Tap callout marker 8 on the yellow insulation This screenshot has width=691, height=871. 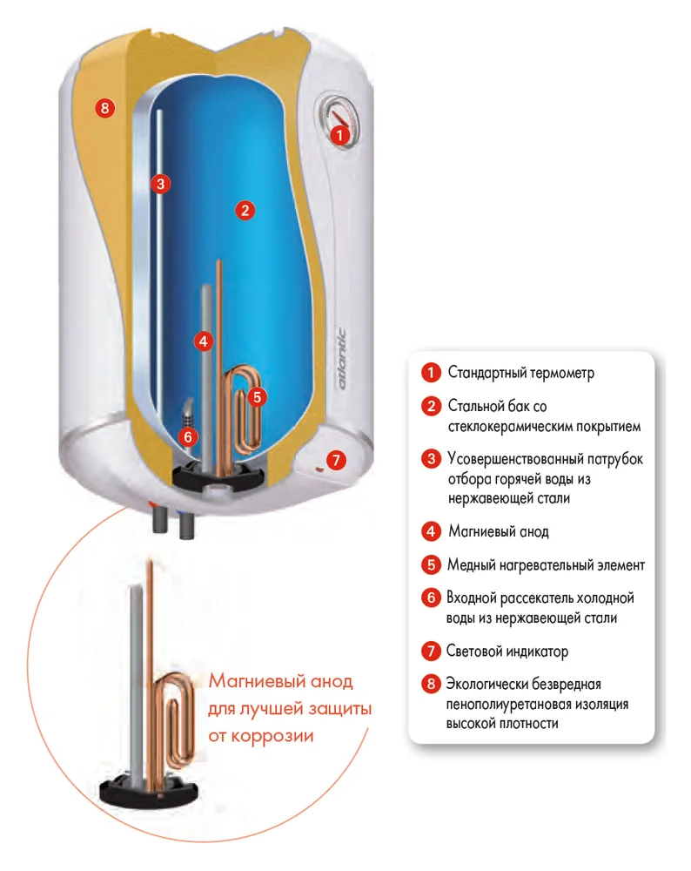pos(104,109)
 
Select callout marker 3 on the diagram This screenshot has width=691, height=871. pos(159,183)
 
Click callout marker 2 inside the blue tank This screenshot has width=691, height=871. pos(245,209)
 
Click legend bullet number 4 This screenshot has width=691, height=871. pos(430,531)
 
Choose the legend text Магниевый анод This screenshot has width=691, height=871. pos(498,531)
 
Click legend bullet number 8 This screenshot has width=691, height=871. pos(430,684)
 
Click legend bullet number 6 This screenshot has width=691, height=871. pos(430,599)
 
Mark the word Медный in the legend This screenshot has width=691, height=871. pos(472,565)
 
